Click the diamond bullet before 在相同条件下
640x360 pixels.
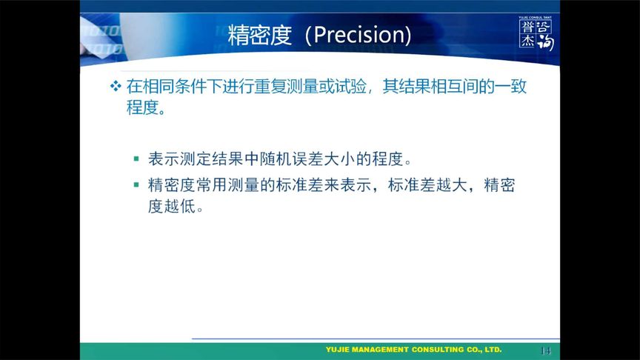(x=115, y=87)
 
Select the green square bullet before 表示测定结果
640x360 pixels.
(x=136, y=159)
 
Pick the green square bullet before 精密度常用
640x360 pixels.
(x=136, y=185)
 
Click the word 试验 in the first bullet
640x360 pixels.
(x=352, y=87)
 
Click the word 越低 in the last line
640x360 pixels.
(x=181, y=207)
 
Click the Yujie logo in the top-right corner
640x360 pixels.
(x=536, y=33)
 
